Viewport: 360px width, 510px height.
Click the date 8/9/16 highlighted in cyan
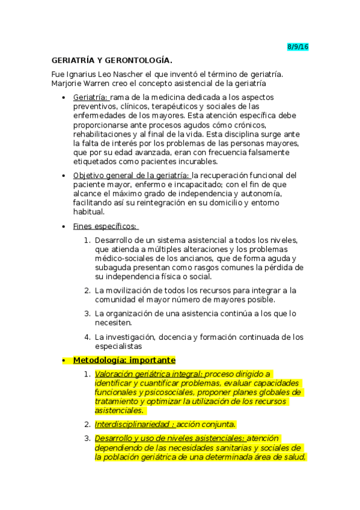coord(297,47)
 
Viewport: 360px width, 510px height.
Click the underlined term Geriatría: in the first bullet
coord(91,97)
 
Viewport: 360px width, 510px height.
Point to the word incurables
coord(198,162)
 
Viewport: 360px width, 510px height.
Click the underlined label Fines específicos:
coord(105,226)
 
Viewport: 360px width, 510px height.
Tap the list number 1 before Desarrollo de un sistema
coord(87,240)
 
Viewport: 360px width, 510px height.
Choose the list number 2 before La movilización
coord(87,290)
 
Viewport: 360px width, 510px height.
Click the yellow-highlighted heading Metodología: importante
coord(124,360)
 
